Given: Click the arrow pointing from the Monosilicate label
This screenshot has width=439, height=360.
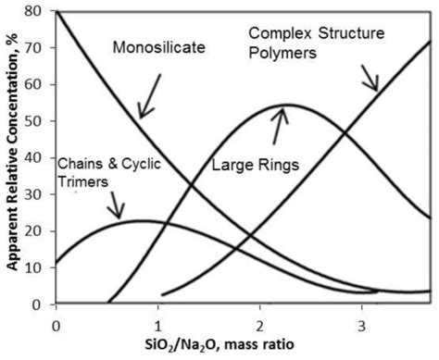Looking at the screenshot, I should (152, 97).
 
